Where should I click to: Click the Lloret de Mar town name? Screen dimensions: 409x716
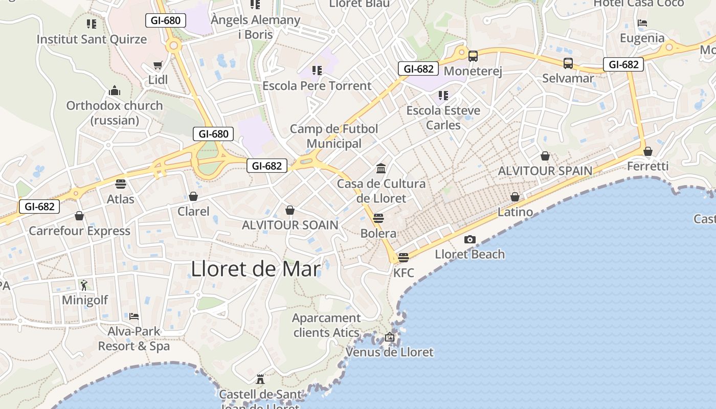256,269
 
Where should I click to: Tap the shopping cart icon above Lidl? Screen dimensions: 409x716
158,66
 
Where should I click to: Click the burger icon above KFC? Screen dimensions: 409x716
404,257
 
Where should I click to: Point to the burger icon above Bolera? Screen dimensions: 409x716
378,218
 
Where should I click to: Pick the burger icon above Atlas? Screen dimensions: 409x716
121,184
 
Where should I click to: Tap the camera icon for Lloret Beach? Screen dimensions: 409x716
469,239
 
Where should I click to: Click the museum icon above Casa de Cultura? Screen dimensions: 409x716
381,168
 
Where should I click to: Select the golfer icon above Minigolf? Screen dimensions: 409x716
84,285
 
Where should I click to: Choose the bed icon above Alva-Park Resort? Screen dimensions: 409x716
134,316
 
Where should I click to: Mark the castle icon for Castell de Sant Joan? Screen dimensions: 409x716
260,379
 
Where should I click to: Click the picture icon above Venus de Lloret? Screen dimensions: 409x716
389,337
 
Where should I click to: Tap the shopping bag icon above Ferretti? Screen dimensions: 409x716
647,151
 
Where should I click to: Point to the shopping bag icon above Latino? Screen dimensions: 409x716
515,197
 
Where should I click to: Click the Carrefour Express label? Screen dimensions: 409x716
79,231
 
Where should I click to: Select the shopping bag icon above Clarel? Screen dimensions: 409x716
193,196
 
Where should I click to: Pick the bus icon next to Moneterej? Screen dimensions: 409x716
473,56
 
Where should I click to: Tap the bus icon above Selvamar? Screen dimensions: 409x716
568,63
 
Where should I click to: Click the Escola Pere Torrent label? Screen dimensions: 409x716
317,85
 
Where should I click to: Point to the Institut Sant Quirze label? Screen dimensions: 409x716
92,39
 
